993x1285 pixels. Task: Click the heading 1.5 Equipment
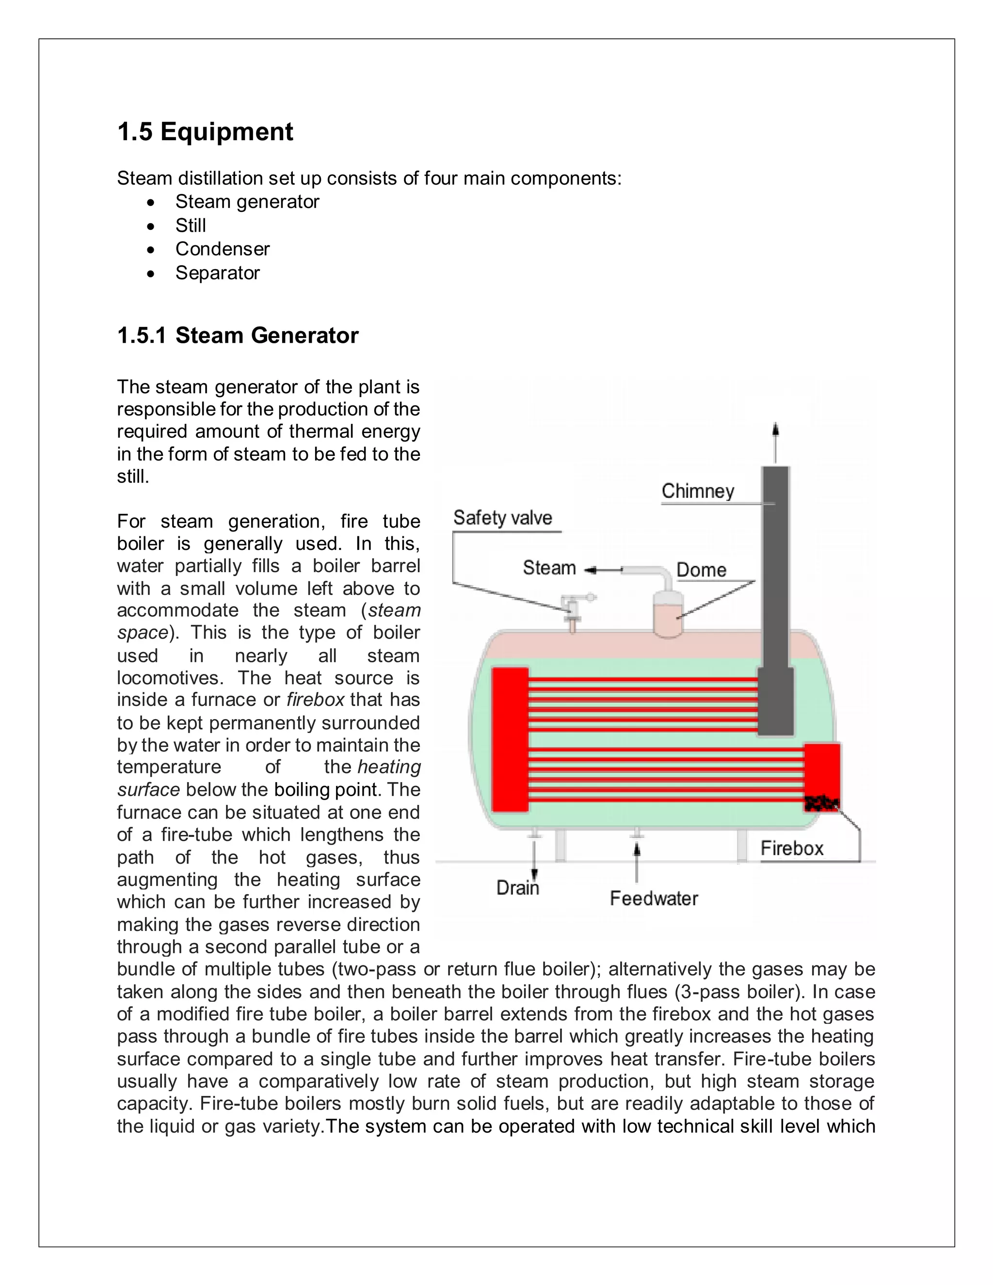point(205,132)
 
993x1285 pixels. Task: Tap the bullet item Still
point(190,225)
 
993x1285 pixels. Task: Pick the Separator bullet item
point(217,273)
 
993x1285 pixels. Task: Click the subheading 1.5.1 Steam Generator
point(238,336)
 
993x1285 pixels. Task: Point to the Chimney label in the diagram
point(698,491)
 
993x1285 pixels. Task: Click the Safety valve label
point(502,518)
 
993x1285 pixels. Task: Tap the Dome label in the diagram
point(701,570)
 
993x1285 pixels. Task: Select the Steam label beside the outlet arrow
point(549,568)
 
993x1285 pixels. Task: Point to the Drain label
point(517,887)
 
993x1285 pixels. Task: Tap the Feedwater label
point(654,899)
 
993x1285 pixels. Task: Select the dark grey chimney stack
point(775,588)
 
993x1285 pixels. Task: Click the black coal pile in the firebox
point(821,803)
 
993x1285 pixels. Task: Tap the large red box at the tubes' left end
point(510,739)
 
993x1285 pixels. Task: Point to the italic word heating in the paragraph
point(389,767)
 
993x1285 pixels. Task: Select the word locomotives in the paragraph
point(169,678)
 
